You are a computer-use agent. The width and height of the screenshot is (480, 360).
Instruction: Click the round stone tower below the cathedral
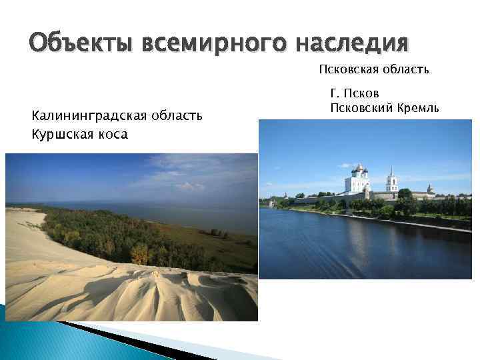(x=367, y=193)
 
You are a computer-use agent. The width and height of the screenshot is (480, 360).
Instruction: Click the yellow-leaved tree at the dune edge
(x=140, y=254)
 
